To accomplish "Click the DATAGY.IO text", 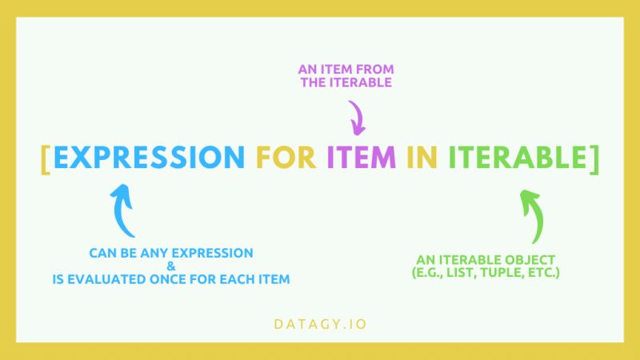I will point(319,325).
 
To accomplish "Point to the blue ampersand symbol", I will point(171,266).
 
